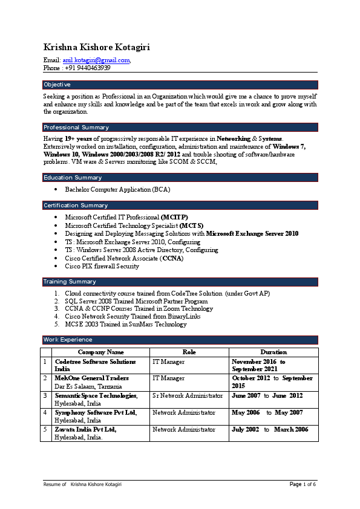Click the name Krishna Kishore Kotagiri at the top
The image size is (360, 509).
(97, 47)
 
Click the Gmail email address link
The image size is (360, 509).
(96, 60)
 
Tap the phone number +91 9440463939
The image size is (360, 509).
(86, 68)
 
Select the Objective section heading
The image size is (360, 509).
(57, 85)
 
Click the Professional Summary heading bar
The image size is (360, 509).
(76, 128)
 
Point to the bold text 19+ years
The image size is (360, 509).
(73, 139)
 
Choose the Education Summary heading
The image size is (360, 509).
(73, 178)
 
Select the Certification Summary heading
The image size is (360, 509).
(76, 206)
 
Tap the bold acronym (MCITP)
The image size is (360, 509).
(174, 217)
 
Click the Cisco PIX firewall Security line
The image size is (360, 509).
(102, 266)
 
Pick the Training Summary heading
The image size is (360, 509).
(70, 282)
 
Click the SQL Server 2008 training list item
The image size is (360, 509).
(136, 301)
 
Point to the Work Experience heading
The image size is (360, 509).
(68, 340)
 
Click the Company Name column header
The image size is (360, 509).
(101, 352)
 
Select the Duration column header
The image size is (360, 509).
(273, 352)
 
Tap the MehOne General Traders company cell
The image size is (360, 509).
(92, 378)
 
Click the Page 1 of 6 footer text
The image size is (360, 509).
(303, 485)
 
